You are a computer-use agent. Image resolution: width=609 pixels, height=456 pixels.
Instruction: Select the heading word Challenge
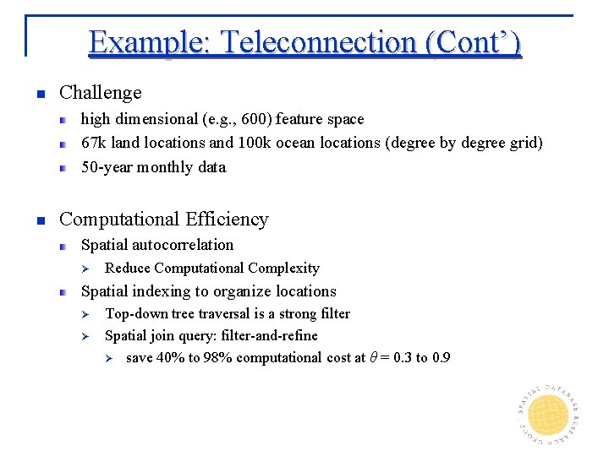[100, 92]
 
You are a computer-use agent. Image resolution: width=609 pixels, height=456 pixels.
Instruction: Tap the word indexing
[161, 291]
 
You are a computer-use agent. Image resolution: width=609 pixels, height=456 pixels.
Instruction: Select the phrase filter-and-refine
[273, 335]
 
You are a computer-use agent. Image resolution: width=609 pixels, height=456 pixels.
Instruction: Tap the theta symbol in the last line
[373, 357]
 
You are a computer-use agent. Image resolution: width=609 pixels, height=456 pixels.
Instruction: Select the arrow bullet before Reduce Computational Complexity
[84, 269]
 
